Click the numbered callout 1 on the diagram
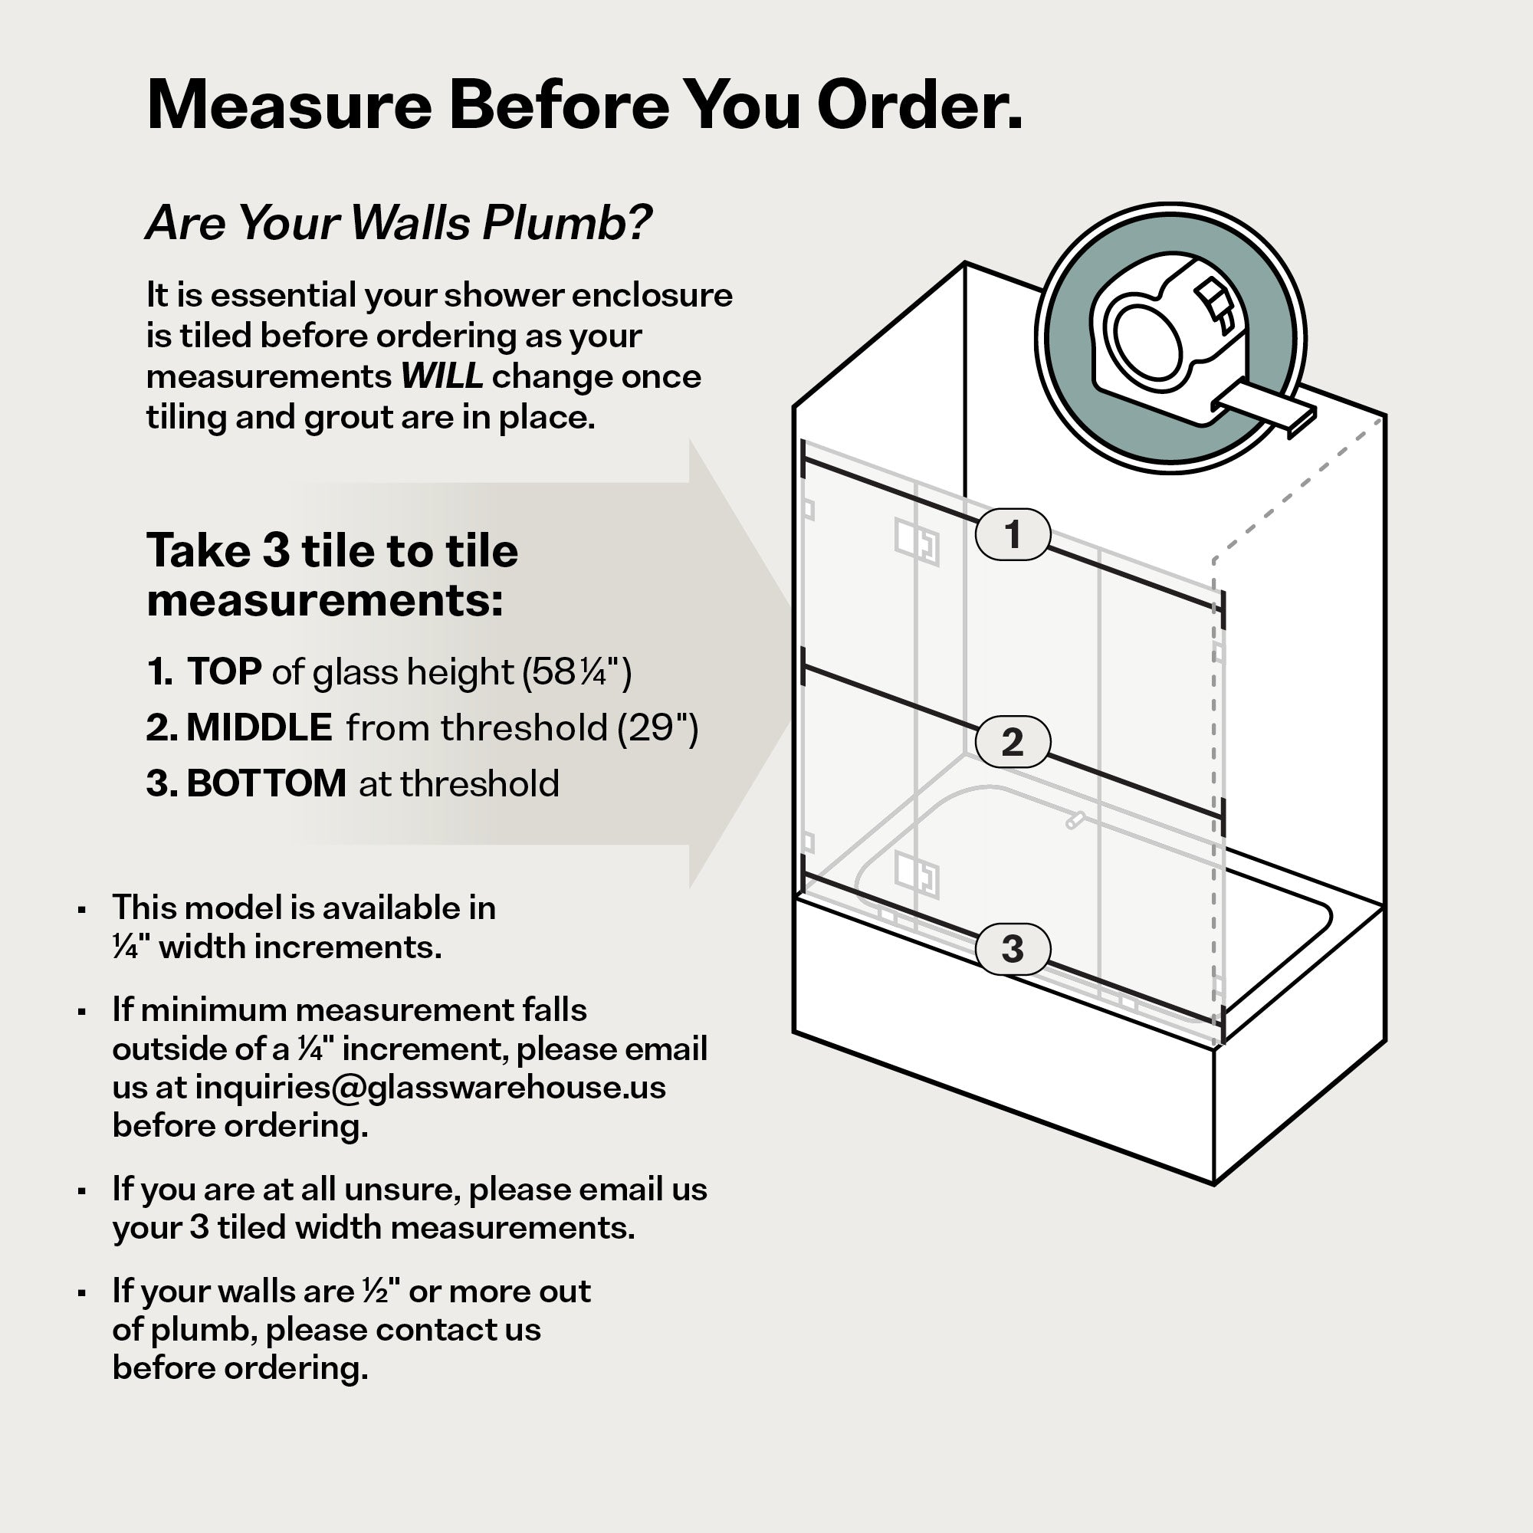coord(1013,534)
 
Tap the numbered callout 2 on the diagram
coord(1013,742)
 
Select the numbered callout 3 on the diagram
coord(1013,949)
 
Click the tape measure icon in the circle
coord(1170,338)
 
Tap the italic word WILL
coord(442,376)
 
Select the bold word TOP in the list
coord(225,671)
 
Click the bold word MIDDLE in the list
coord(260,727)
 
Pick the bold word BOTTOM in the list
coord(267,784)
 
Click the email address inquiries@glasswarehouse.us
coord(431,1087)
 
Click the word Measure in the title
coord(290,105)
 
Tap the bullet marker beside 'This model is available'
coord(82,910)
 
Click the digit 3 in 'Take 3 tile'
coord(276,550)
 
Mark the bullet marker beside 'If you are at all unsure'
coord(82,1191)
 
